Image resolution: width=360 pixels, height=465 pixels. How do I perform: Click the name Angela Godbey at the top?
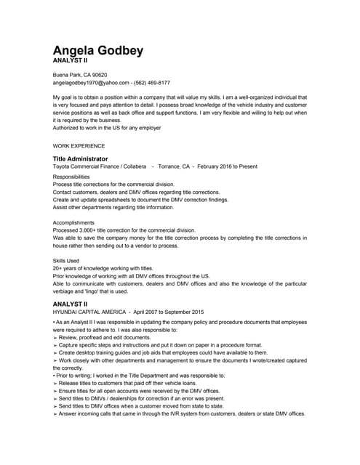[98, 51]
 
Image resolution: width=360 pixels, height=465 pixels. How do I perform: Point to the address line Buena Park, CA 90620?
[80, 75]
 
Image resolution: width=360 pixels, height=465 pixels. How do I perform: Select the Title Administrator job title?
[80, 158]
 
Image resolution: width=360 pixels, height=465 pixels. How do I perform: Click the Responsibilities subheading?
[71, 177]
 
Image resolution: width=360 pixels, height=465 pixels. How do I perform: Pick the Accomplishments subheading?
[73, 222]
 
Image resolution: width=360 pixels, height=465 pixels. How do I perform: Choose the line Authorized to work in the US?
[107, 128]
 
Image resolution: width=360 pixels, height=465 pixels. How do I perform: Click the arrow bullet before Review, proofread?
[55, 338]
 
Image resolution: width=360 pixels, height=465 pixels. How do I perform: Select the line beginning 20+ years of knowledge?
[103, 268]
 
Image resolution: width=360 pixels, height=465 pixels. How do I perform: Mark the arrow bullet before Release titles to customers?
[55, 383]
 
